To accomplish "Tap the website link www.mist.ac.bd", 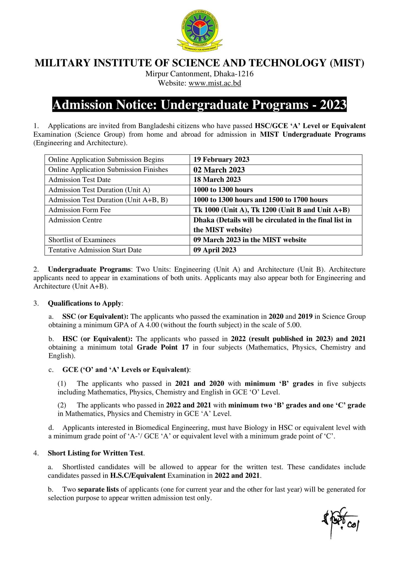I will tap(215, 83).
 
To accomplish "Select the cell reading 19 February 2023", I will tap(221, 159).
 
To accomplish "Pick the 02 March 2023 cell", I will tap(219, 170).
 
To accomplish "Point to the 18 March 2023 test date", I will tap(217, 180).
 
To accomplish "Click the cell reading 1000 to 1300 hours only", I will tap(223, 190).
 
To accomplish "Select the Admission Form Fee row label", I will tap(80, 210).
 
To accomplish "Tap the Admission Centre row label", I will tap(75, 220).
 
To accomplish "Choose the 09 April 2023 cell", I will tap(215, 250).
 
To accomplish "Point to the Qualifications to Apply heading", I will tap(84, 303).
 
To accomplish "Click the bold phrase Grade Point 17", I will tap(163, 347).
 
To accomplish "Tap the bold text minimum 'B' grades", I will tap(279, 383).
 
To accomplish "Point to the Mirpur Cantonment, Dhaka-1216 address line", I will tap(200, 74).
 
